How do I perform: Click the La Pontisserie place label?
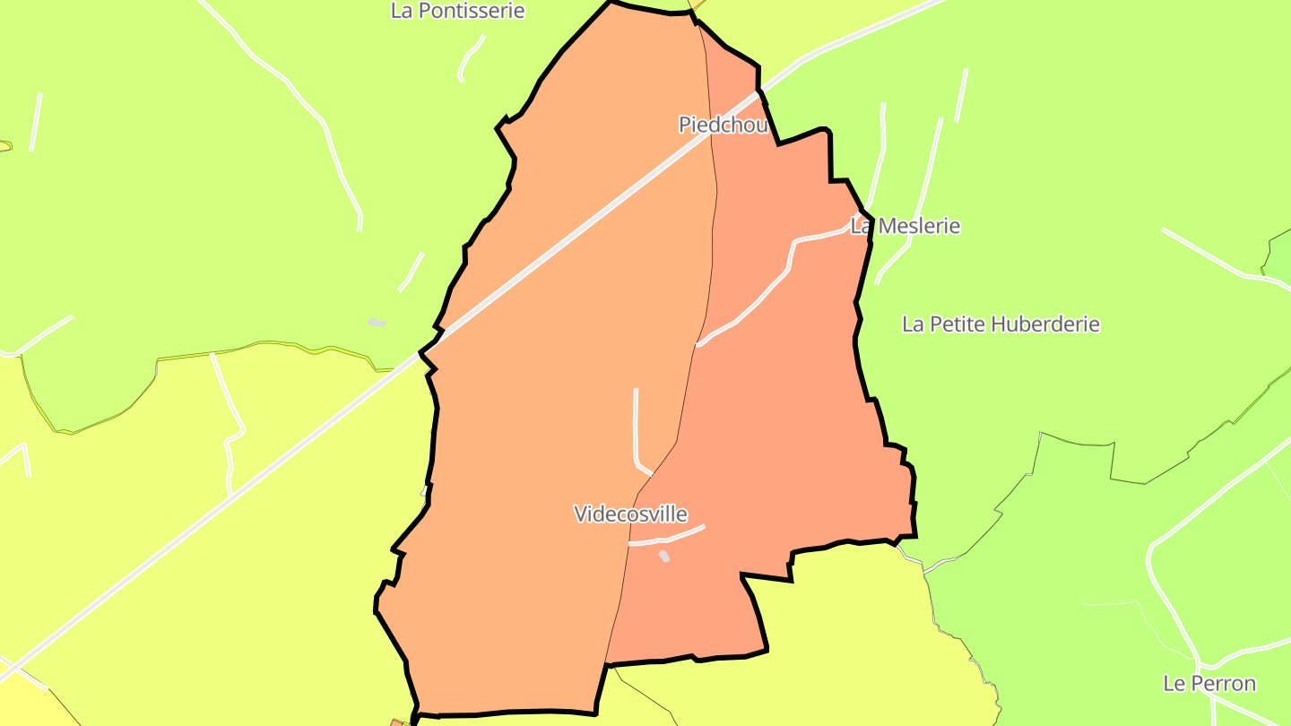click(457, 12)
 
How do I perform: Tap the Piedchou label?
click(723, 125)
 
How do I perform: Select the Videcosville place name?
click(630, 514)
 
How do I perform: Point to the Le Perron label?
click(1209, 683)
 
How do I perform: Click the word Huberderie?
click(1044, 324)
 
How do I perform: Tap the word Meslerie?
click(918, 226)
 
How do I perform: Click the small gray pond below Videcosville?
click(664, 557)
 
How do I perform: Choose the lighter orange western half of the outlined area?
click(538, 403)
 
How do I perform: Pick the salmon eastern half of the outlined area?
click(771, 430)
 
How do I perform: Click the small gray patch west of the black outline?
click(377, 323)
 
